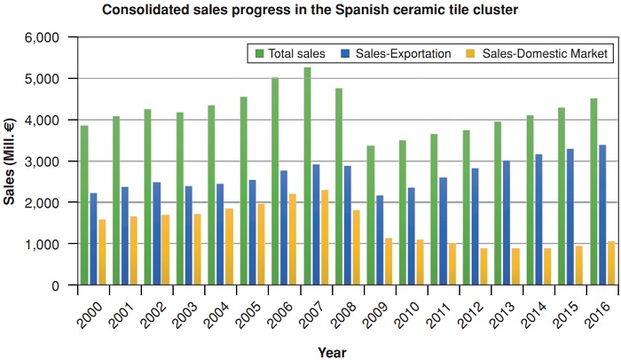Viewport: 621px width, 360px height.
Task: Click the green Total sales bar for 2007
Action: click(307, 176)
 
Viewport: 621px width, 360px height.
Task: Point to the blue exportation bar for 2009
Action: click(381, 240)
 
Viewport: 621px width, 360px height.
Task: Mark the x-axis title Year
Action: click(333, 352)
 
